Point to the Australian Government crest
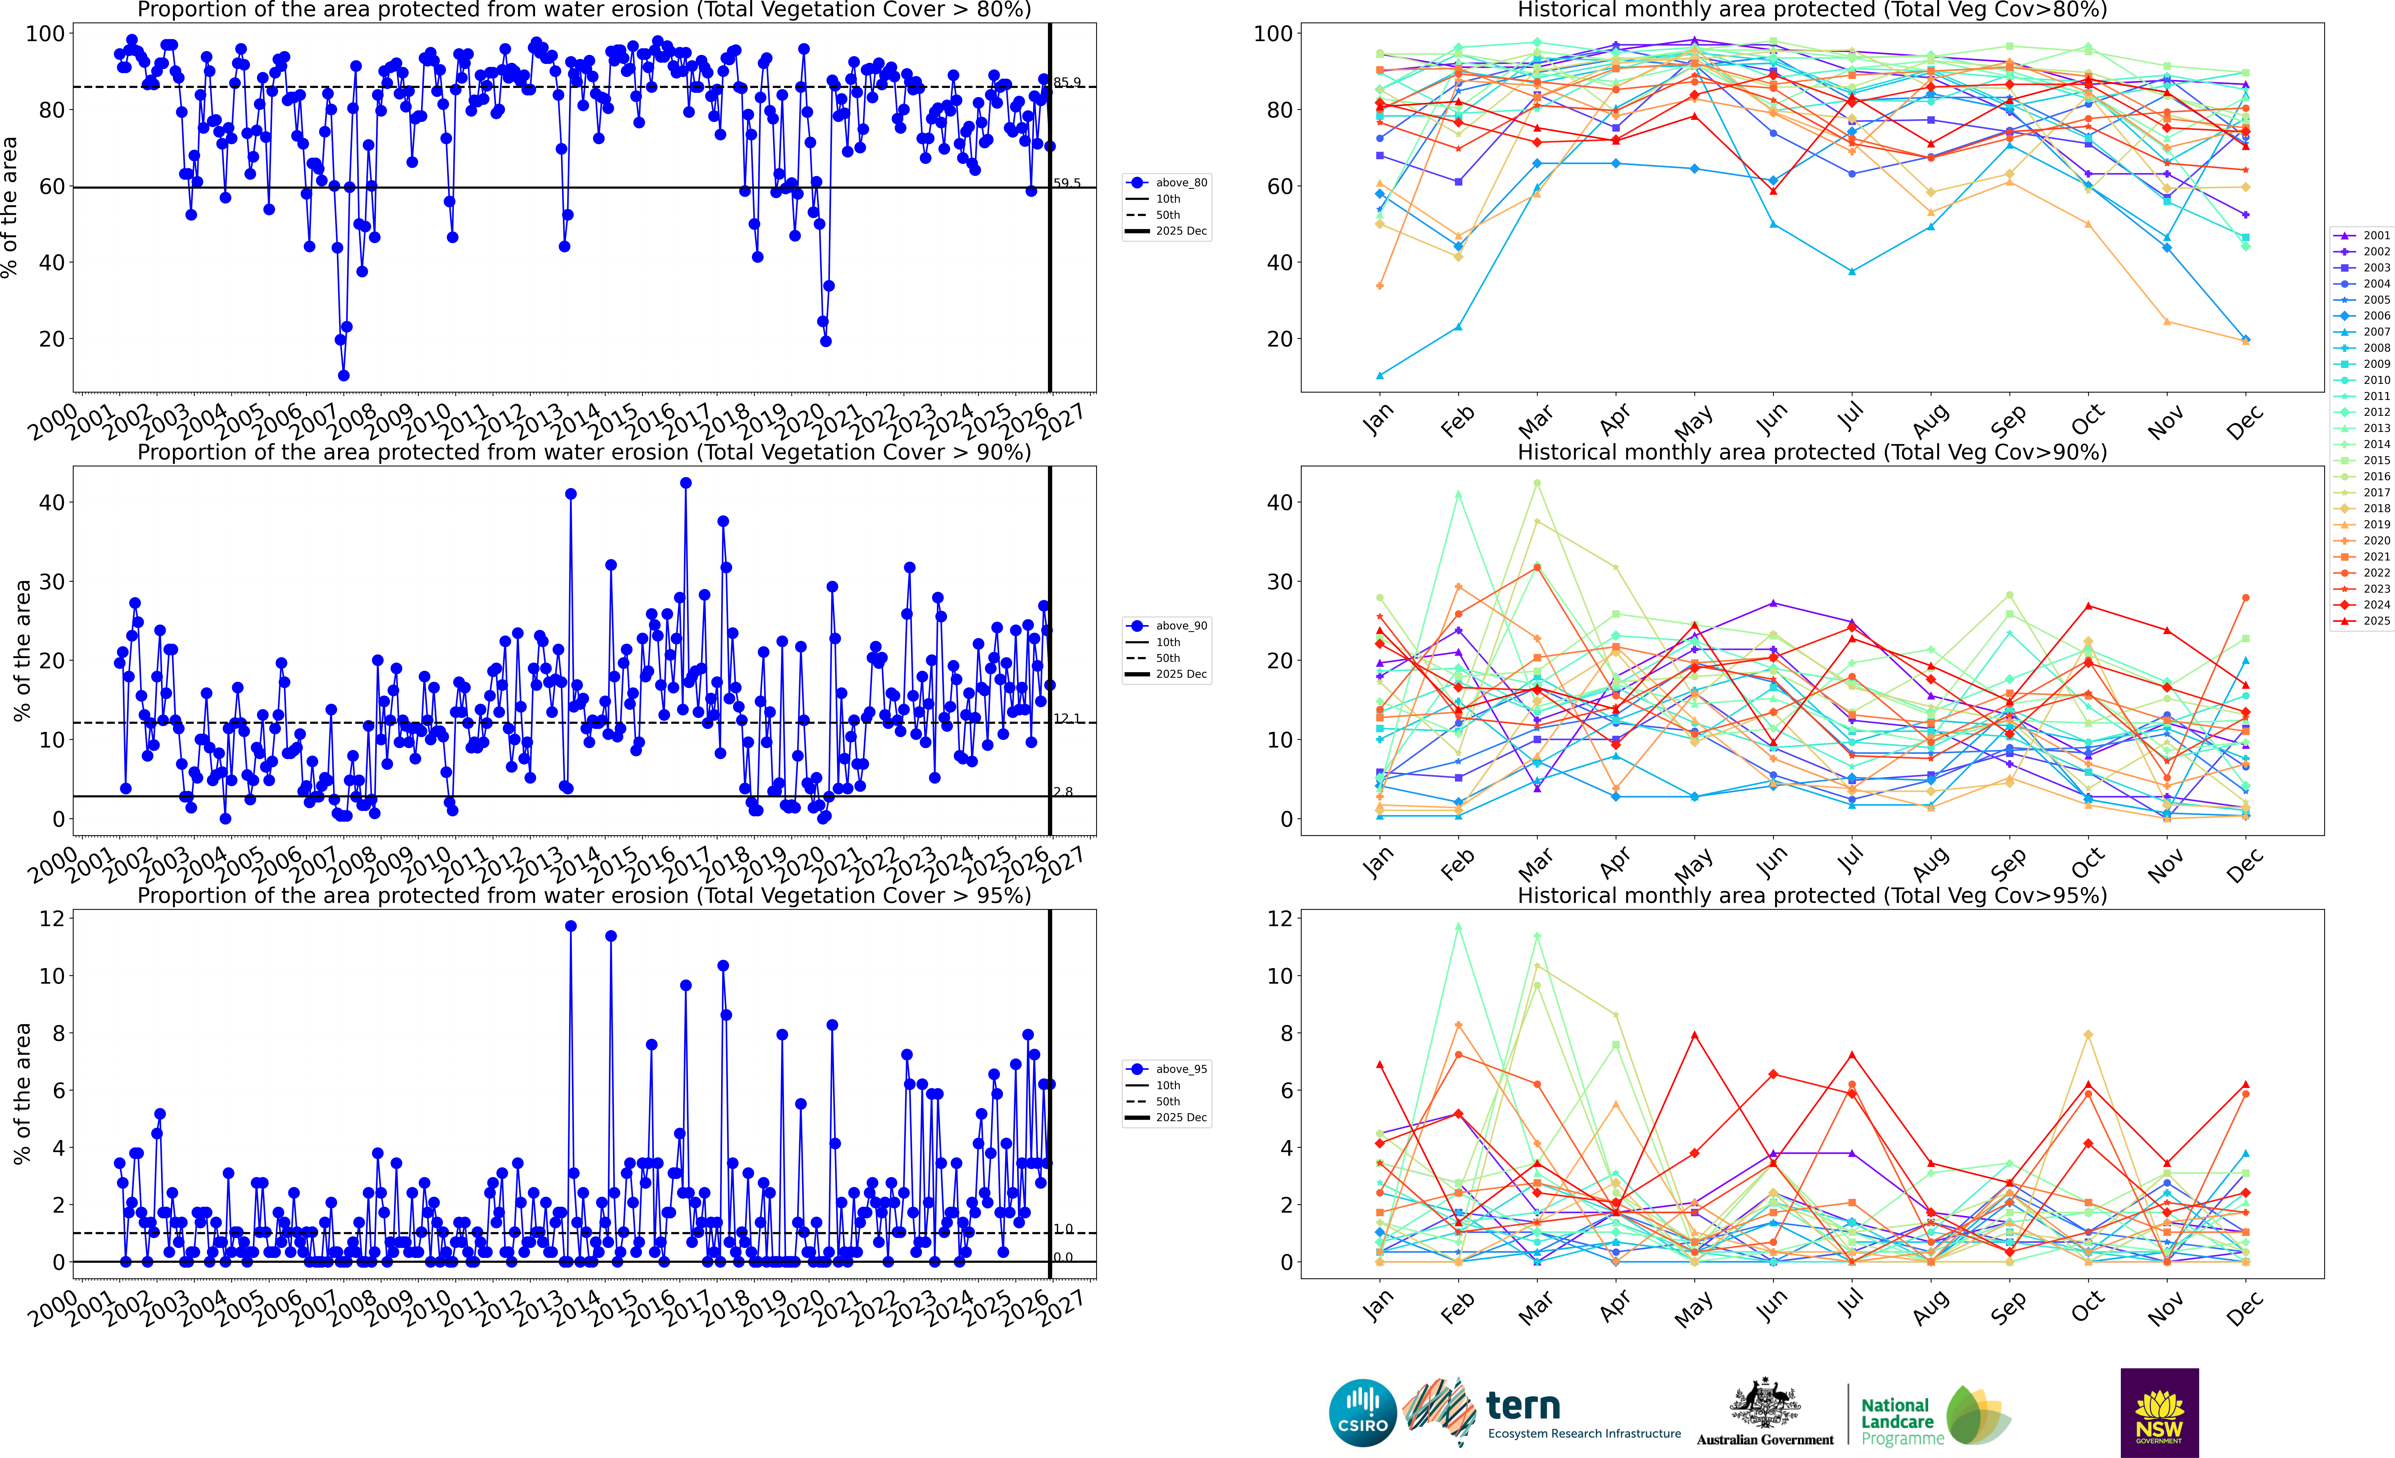(x=1764, y=1405)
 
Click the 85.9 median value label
(x=1067, y=83)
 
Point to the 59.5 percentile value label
(x=1067, y=183)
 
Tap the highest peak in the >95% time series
(x=571, y=926)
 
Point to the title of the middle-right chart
(x=1812, y=452)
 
